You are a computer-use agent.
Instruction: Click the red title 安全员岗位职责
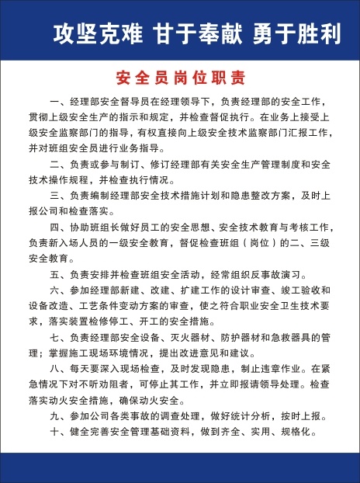[x=180, y=78]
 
